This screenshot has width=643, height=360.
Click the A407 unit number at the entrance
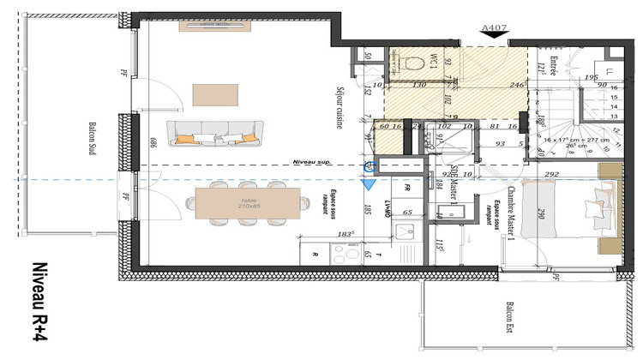point(494,27)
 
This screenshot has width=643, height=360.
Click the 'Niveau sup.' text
point(310,160)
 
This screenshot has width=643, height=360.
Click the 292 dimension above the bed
point(551,174)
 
